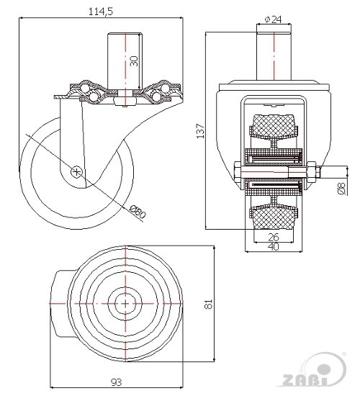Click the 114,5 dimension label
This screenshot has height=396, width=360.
point(100,12)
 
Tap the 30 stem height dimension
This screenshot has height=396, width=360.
point(134,61)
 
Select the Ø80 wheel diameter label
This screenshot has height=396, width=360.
point(138,212)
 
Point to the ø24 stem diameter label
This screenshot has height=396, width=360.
point(273,19)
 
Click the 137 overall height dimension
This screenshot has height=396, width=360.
point(200,131)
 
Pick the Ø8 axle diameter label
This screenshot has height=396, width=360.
point(341,189)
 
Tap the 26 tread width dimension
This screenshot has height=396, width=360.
point(274,238)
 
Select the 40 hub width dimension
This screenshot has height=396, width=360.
point(274,246)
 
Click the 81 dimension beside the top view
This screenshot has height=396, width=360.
point(208,304)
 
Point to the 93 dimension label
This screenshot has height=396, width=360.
point(116,382)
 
